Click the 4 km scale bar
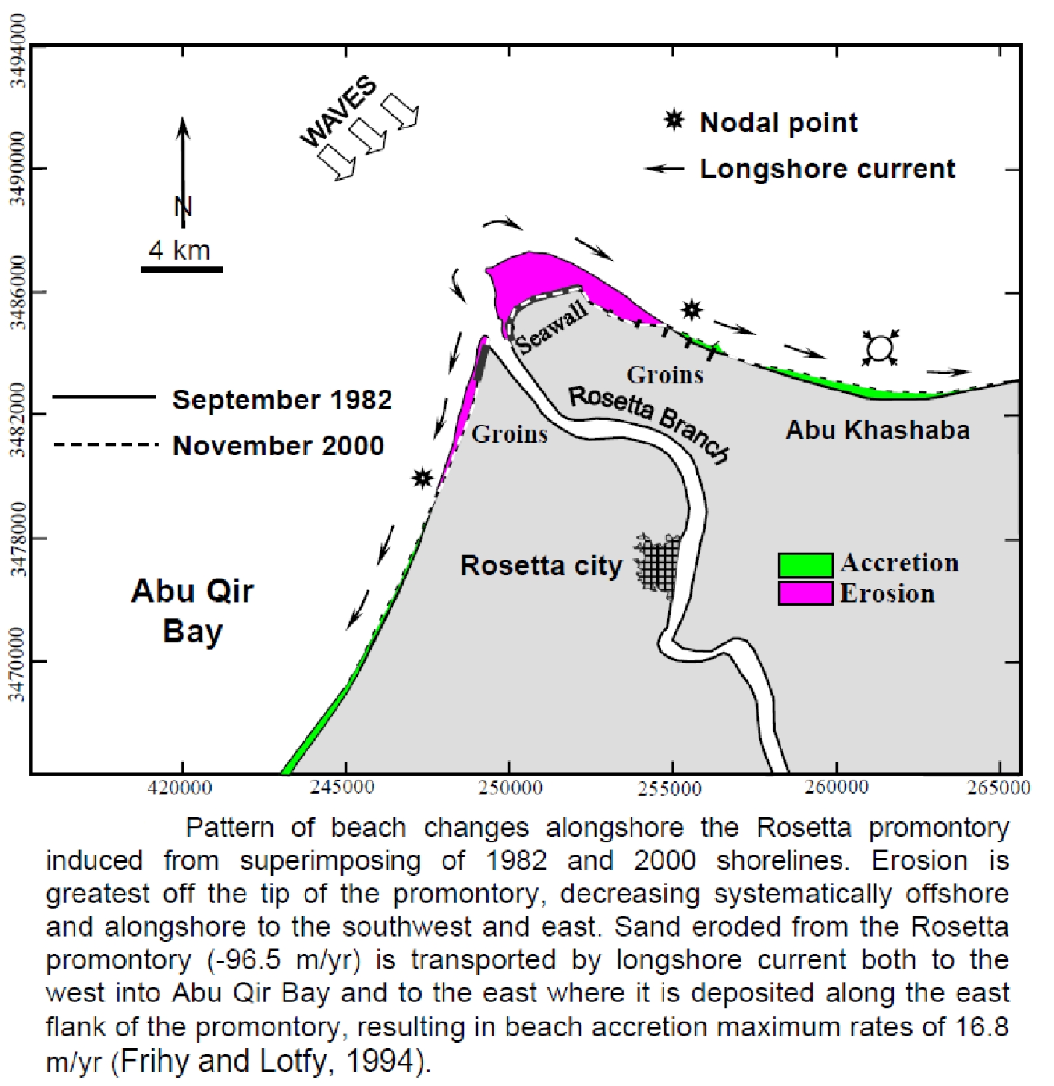tap(182, 269)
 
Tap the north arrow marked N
tap(183, 173)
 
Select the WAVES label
tap(339, 112)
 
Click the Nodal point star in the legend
tap(675, 121)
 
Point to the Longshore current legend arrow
tap(664, 169)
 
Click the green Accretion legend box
tap(805, 565)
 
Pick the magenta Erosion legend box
tap(805, 593)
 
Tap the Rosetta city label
tap(541, 566)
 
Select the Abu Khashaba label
tap(877, 430)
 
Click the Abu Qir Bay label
tap(193, 610)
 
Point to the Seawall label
tap(552, 327)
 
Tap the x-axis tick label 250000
tap(509, 788)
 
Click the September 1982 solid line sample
tap(104, 397)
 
